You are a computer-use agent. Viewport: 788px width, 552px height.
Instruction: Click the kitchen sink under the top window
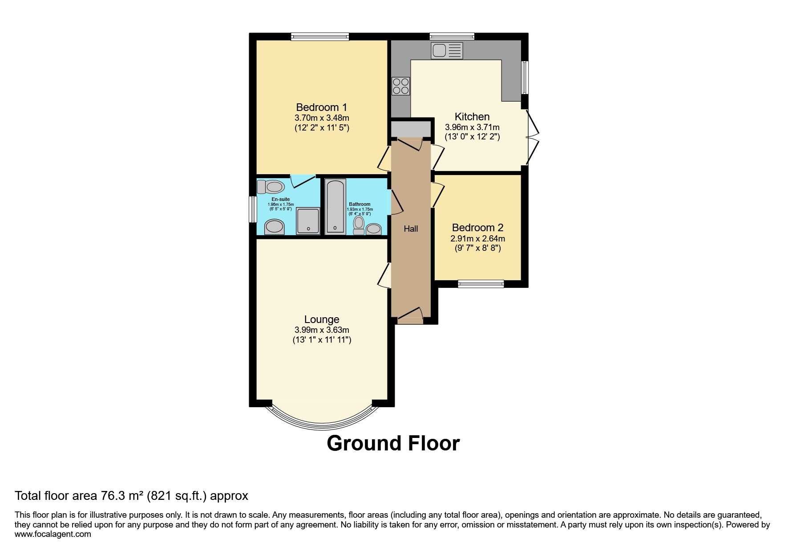pos(447,50)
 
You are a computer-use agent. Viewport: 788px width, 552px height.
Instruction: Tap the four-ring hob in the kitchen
pos(400,86)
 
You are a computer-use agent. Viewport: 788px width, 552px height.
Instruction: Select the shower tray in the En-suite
pos(308,221)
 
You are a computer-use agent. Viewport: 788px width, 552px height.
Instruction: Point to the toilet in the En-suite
pos(271,186)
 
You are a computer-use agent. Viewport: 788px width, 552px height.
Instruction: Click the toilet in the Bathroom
pos(359,225)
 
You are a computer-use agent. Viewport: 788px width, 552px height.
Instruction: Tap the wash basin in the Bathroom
pos(374,229)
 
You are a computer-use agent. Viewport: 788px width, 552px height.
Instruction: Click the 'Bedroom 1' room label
pos(321,107)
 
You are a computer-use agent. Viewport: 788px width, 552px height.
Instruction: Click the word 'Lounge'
pos(322,319)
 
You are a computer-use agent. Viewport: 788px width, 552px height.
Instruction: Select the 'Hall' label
pos(411,229)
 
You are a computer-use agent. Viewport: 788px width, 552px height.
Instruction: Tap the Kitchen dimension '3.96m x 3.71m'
pos(472,127)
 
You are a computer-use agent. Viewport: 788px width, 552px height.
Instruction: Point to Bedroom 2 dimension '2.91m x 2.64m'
pos(477,239)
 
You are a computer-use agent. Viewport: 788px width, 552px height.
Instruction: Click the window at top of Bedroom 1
pos(320,37)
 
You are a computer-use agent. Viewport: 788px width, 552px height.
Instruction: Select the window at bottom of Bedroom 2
pos(481,284)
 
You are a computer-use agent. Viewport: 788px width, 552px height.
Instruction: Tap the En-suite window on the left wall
pos(252,209)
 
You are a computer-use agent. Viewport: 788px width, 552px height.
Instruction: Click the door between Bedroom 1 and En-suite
pos(303,181)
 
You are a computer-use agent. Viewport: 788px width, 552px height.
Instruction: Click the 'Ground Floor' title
pos(393,443)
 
